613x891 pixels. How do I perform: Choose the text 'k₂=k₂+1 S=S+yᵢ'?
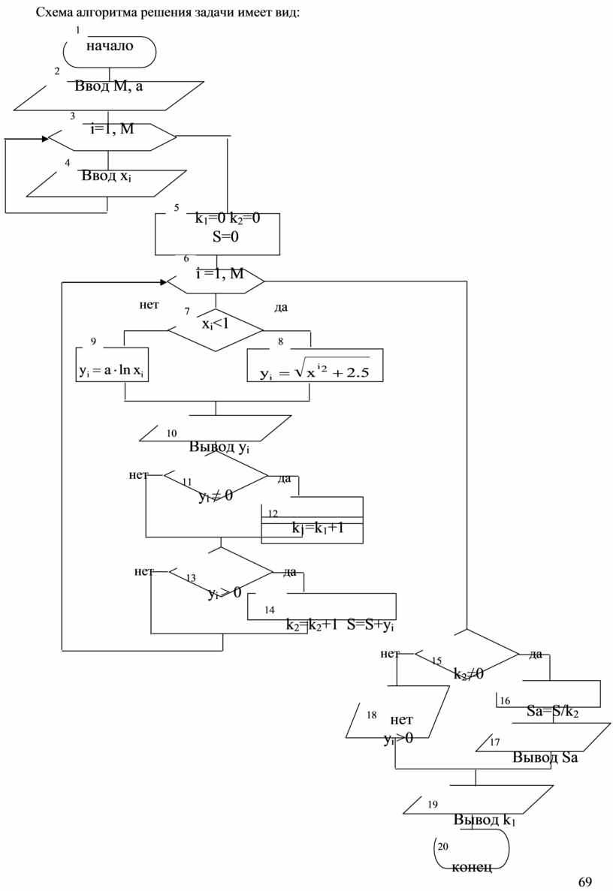point(340,625)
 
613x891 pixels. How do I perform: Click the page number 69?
point(585,880)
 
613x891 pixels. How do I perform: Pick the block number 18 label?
point(371,715)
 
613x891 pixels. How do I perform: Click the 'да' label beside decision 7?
point(282,307)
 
